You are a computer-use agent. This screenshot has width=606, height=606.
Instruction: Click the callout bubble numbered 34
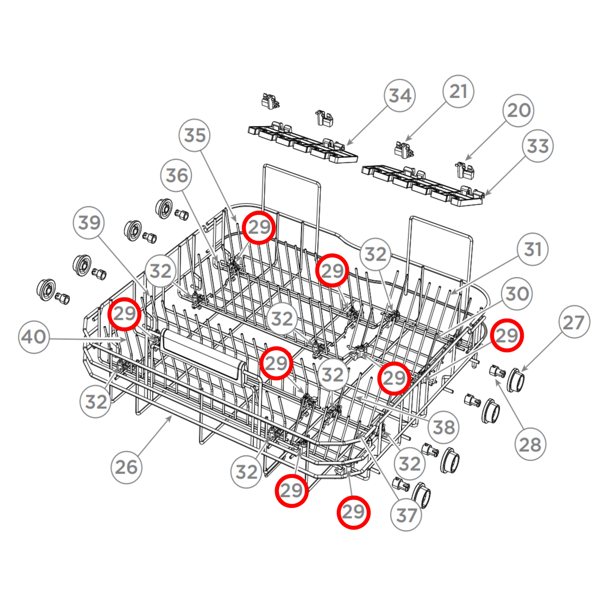[400, 96]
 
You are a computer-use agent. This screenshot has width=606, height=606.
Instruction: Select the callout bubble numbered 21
[458, 91]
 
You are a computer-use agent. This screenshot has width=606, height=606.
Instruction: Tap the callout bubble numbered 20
[519, 111]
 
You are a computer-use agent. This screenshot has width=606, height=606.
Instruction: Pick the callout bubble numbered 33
[538, 146]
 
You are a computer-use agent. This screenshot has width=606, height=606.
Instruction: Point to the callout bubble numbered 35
[195, 135]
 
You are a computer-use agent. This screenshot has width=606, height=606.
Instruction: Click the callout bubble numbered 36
[177, 175]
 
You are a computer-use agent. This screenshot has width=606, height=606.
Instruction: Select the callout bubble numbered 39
[89, 223]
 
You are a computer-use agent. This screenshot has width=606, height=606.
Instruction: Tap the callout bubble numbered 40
[34, 337]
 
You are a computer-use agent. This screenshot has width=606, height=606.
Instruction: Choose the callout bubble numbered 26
[126, 467]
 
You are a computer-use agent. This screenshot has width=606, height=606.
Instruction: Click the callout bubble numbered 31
[533, 250]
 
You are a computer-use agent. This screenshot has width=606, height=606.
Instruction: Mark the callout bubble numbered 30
[517, 294]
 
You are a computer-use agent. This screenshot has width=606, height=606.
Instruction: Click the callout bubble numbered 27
[574, 322]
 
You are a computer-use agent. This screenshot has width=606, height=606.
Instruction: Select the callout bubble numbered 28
[530, 445]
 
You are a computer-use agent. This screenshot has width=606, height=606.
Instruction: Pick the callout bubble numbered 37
[406, 515]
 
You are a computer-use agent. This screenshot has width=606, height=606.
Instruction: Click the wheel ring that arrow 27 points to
[515, 380]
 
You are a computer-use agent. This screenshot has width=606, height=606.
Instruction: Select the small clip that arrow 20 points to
[464, 169]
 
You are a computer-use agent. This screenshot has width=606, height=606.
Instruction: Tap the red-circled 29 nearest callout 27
[507, 335]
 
